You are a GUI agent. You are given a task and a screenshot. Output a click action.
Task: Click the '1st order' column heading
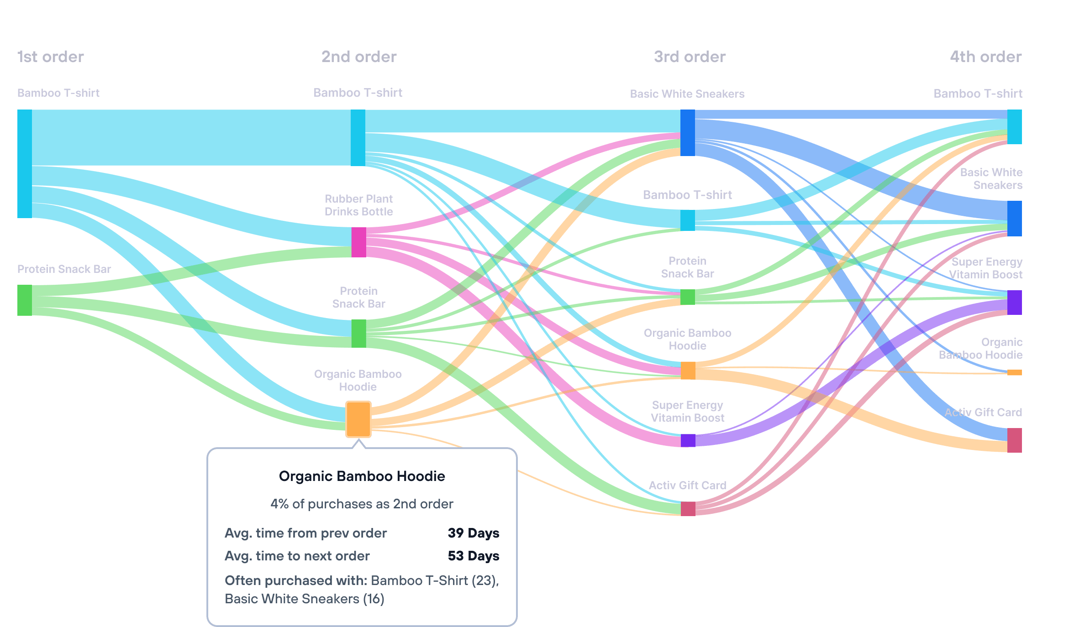point(50,57)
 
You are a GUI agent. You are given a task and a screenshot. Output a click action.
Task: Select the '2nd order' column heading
point(359,57)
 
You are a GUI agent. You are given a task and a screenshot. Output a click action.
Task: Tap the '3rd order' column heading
point(690,57)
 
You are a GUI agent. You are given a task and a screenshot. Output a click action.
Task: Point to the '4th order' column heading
point(985,57)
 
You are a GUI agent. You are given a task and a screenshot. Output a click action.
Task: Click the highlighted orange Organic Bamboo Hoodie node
point(358,419)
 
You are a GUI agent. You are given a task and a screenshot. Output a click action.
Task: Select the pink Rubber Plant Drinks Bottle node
point(358,242)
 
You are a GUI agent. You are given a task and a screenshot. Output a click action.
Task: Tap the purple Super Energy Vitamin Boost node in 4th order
point(1014,302)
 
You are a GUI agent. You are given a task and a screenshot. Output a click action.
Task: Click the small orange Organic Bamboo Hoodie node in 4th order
point(1014,372)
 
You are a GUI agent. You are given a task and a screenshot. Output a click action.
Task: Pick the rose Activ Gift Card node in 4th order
point(1014,440)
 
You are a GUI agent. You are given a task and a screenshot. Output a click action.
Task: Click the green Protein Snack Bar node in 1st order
point(25,300)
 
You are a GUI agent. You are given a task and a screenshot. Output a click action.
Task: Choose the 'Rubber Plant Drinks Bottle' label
point(358,205)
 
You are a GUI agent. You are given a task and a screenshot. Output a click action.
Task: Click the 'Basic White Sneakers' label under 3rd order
point(687,94)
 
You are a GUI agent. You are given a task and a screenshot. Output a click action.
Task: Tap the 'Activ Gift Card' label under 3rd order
point(687,485)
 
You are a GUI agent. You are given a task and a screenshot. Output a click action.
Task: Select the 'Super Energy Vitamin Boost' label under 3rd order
point(687,411)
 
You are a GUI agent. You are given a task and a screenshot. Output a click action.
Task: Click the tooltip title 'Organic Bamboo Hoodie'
point(362,476)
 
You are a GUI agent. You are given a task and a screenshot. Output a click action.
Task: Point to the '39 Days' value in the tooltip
point(473,533)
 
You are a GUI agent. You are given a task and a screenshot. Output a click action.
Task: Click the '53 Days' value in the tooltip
point(473,556)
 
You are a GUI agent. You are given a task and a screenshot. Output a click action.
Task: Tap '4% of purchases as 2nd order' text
point(362,504)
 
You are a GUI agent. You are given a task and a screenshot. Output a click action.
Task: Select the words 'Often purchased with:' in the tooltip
point(296,580)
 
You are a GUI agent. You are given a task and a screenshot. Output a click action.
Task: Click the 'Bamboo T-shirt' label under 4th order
point(978,94)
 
